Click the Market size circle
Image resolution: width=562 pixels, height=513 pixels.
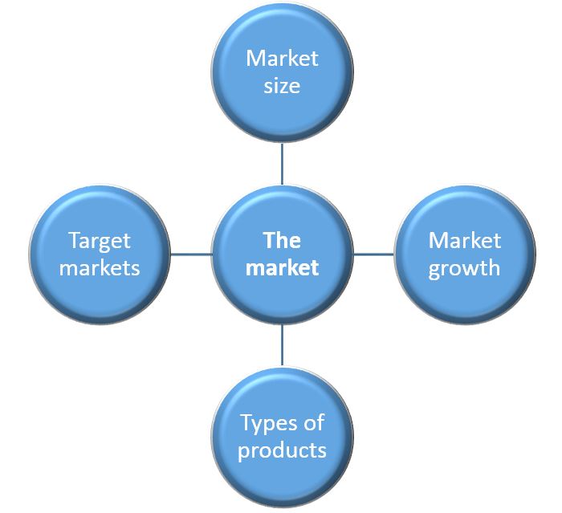[x=282, y=72]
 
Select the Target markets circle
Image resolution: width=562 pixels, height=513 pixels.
[x=99, y=254]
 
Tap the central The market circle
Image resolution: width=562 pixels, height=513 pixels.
[x=282, y=254]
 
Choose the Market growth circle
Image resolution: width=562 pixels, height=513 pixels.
[x=464, y=254]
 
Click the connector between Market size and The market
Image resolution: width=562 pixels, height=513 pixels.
[x=282, y=164]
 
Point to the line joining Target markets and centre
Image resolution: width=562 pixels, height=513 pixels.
[x=190, y=254]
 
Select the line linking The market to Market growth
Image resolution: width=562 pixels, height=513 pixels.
[x=373, y=254]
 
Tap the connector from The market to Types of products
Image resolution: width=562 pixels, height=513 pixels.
[x=282, y=345]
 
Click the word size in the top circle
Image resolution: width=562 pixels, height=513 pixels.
[x=282, y=85]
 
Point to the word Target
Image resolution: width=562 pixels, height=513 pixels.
[x=99, y=241]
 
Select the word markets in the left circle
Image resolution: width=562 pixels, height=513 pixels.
[x=99, y=267]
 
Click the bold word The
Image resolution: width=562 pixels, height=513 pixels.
[x=282, y=241]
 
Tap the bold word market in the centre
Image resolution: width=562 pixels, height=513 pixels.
[x=282, y=267]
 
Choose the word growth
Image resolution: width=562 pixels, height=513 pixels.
[x=464, y=268]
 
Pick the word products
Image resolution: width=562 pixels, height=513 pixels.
[x=282, y=450]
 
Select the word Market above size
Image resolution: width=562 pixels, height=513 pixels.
[x=282, y=59]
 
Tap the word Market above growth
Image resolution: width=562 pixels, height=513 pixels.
[x=464, y=241]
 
